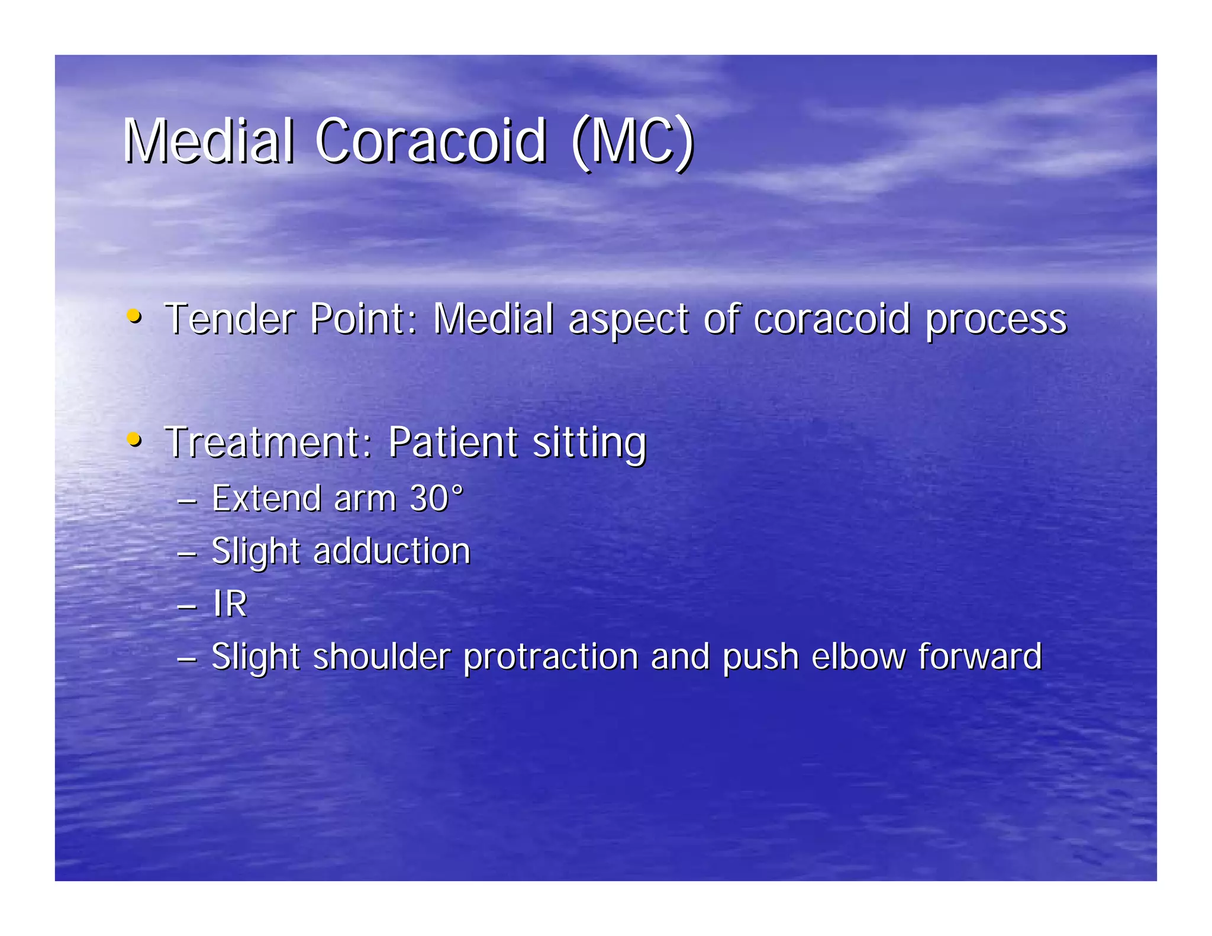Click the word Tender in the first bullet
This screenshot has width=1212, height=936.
tap(230, 319)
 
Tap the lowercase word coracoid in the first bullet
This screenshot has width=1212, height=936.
tap(831, 319)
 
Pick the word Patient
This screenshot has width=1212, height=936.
tap(453, 442)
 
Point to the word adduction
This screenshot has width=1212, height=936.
tap(391, 551)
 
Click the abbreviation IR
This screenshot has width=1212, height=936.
tap(230, 604)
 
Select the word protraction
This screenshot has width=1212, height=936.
tap(550, 657)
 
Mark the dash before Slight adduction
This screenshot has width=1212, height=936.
tap(186, 554)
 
